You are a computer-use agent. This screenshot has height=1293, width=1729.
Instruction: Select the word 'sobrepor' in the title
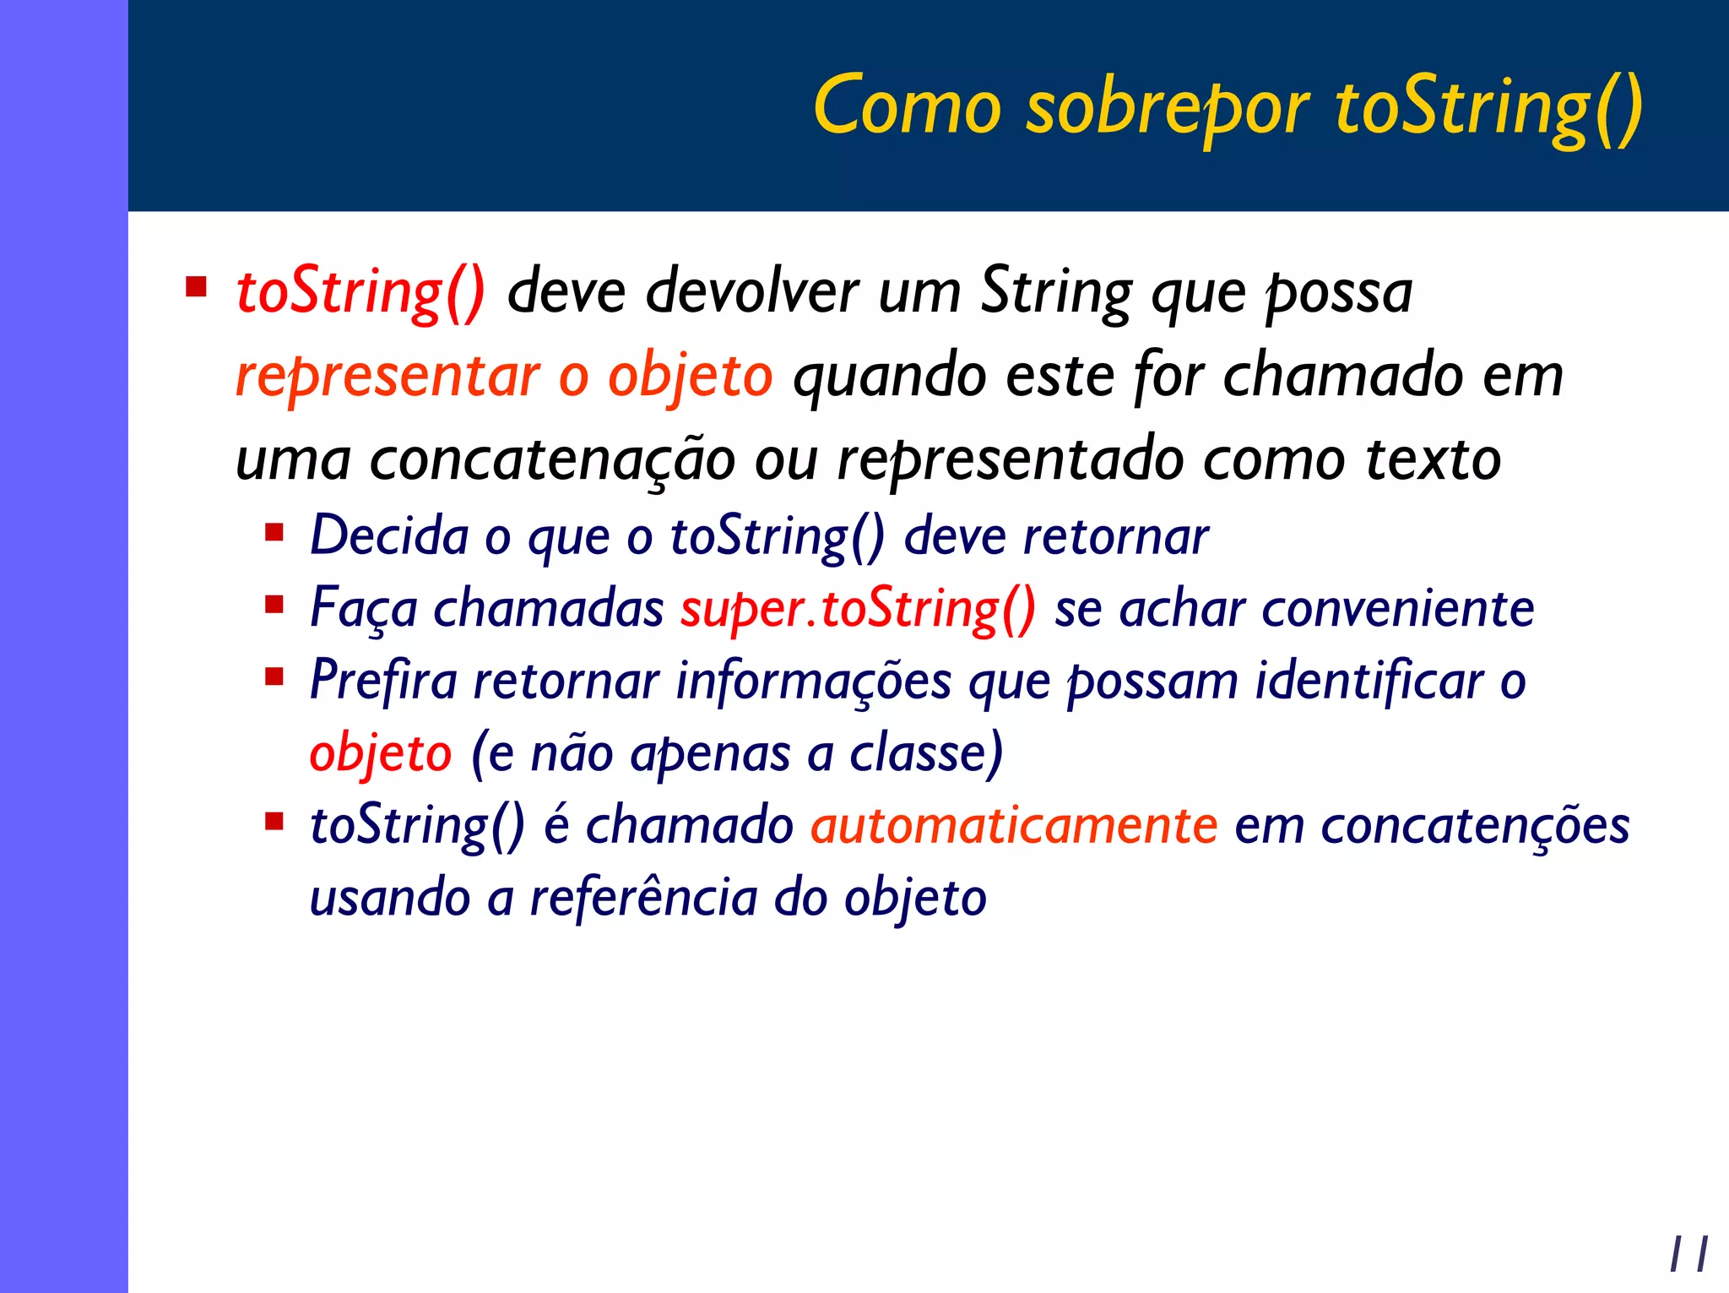click(1167, 109)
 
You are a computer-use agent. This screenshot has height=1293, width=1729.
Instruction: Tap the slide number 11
click(1688, 1254)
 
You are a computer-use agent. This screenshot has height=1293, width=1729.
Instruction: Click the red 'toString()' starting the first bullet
click(360, 292)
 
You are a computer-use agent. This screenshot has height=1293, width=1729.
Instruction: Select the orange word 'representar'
click(388, 376)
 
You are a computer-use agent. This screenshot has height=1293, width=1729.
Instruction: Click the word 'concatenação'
click(552, 460)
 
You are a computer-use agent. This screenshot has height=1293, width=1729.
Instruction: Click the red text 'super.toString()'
click(858, 609)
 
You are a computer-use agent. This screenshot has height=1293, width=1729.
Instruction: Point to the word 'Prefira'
click(382, 681)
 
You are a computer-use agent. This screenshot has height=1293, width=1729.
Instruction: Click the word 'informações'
click(813, 681)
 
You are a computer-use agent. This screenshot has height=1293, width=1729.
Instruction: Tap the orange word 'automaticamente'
click(1013, 825)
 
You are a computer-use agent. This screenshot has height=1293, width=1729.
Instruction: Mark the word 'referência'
click(642, 897)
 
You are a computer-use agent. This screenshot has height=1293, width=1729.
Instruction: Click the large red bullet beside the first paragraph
click(197, 287)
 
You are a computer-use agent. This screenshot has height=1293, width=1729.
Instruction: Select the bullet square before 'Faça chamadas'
click(274, 605)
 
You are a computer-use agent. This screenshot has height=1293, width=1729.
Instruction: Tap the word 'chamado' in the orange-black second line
click(1341, 376)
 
